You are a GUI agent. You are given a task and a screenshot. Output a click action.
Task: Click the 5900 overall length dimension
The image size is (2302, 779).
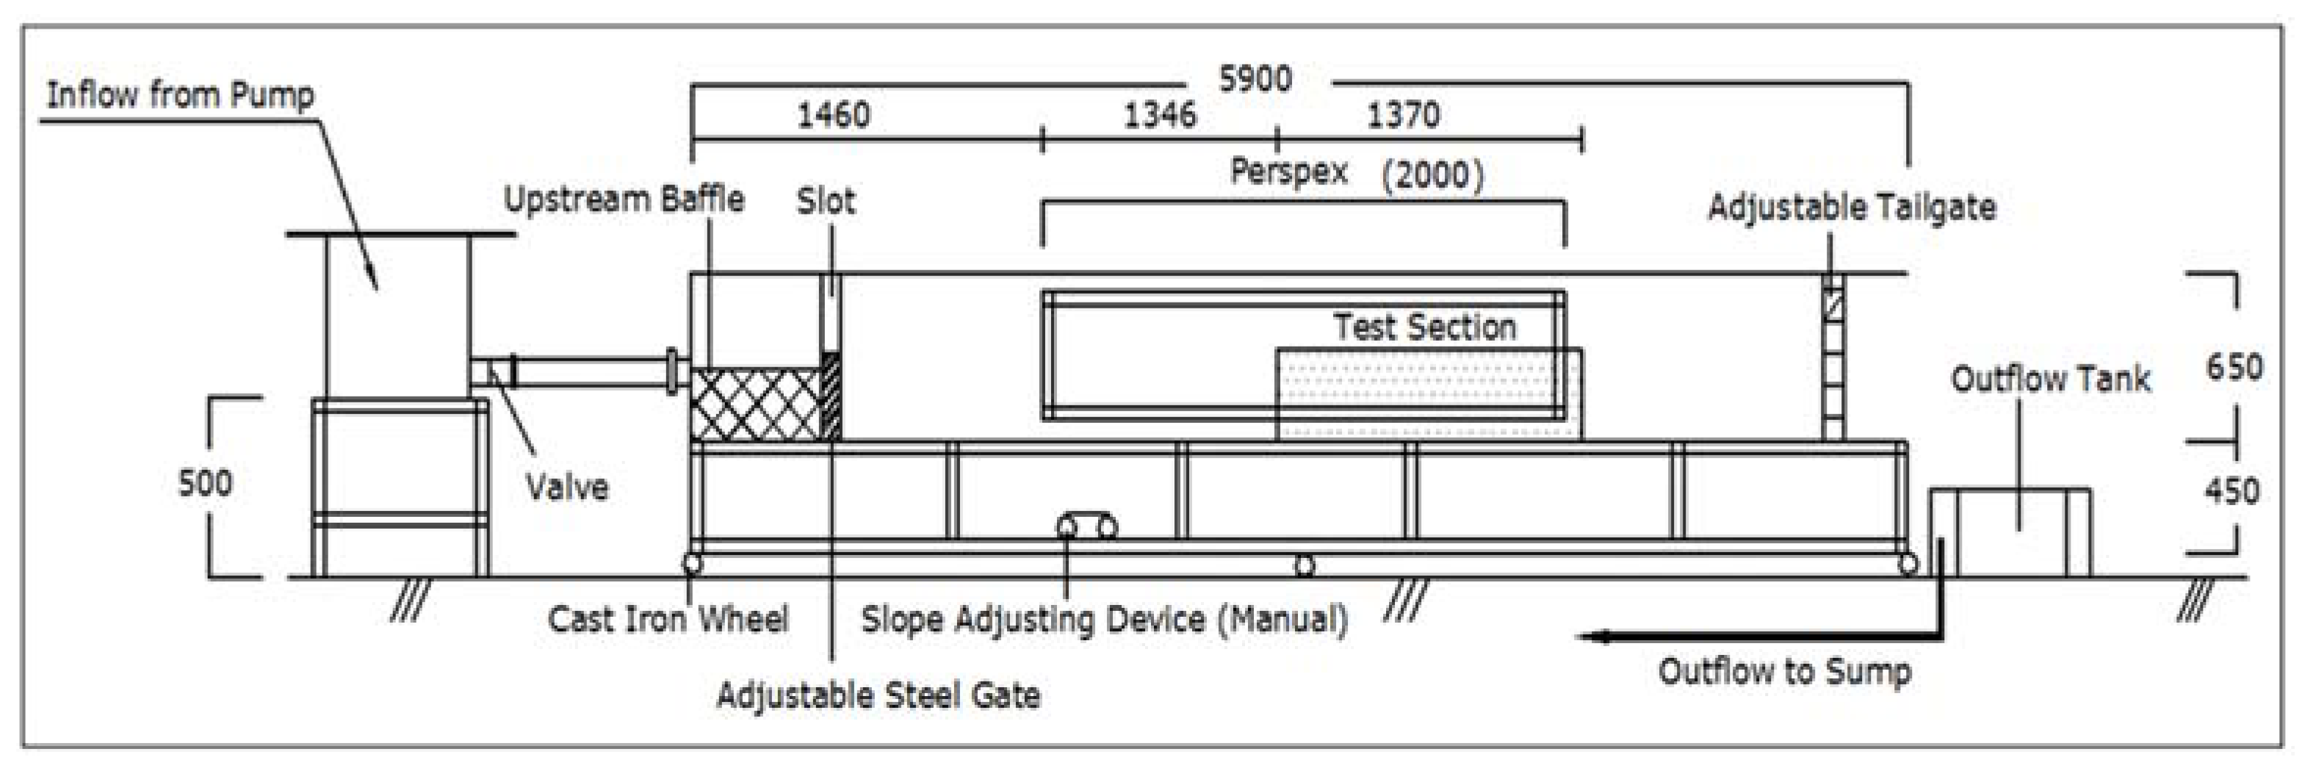(x=1255, y=79)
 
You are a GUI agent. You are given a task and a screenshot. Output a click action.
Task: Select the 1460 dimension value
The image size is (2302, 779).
(x=833, y=115)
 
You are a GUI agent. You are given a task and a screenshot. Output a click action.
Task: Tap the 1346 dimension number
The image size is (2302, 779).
(x=1159, y=115)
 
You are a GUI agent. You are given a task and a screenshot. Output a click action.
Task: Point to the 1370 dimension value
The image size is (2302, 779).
(x=1403, y=115)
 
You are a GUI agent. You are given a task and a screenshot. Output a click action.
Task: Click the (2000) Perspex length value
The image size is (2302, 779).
(x=1432, y=174)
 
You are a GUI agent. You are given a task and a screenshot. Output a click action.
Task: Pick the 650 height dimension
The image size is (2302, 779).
(x=2234, y=367)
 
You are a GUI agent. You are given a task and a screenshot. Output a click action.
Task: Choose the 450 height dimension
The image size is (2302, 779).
(x=2231, y=490)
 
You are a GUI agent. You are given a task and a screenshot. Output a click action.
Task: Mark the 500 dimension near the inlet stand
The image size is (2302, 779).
(x=205, y=482)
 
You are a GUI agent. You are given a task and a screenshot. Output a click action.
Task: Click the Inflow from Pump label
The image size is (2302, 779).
(x=180, y=95)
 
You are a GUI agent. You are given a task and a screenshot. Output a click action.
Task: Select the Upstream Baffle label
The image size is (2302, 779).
(x=624, y=199)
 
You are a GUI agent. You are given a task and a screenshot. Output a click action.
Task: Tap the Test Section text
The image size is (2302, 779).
(x=1424, y=327)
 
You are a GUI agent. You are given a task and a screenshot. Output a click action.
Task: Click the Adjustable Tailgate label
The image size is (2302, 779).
(x=1852, y=207)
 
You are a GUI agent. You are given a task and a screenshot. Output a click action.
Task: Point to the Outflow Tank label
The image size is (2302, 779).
(x=2050, y=379)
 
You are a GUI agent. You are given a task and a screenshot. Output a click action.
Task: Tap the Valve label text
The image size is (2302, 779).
(x=566, y=487)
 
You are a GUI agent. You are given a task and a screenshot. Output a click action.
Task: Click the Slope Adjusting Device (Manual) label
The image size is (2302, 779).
(x=1104, y=619)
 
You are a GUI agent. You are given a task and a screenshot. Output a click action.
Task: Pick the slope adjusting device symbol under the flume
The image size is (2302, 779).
(x=1086, y=526)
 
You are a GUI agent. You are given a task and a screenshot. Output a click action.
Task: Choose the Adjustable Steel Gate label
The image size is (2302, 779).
(x=878, y=695)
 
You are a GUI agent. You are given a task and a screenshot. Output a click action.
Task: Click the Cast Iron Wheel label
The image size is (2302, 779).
(x=668, y=619)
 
